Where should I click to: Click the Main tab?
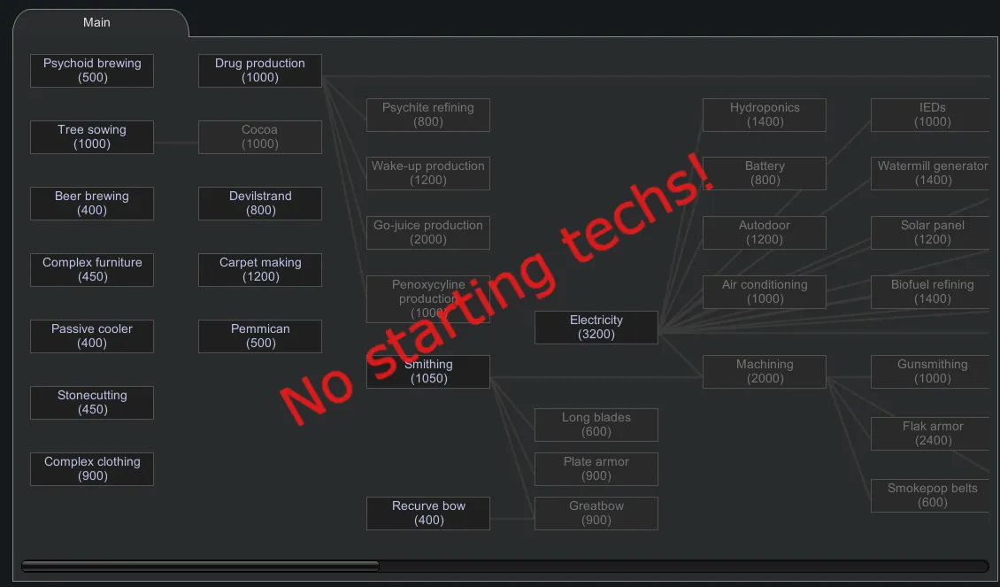coord(96,22)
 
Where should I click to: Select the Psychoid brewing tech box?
coord(92,71)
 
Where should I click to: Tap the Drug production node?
coord(260,71)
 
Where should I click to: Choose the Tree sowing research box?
coord(92,137)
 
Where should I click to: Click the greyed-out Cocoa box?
coord(260,137)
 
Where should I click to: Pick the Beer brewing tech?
coord(92,204)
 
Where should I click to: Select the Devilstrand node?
coord(260,204)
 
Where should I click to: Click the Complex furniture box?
coord(92,270)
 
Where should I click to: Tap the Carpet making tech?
coord(260,270)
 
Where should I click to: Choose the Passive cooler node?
coord(92,336)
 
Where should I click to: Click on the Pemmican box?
coord(260,336)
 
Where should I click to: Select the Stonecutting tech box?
coord(92,403)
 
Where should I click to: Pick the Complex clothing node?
coord(92,469)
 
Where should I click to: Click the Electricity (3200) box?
coord(596,328)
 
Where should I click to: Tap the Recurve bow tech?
coord(428,514)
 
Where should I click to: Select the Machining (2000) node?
coord(765,372)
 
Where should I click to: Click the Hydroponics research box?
coord(765,115)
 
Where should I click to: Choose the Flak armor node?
coord(933,434)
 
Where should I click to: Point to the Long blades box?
coord(596,425)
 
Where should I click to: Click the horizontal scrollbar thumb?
coord(200,567)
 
